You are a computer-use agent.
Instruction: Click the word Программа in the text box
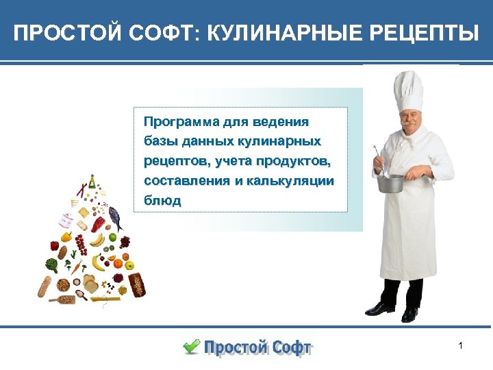pyautogui.click(x=180, y=122)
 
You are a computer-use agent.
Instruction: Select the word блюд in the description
pyautogui.click(x=162, y=201)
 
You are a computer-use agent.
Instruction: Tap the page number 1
pyautogui.click(x=461, y=346)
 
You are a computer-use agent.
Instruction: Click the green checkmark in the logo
pyautogui.click(x=191, y=345)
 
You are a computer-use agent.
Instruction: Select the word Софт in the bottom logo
pyautogui.click(x=283, y=347)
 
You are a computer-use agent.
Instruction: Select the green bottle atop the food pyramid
pyautogui.click(x=92, y=180)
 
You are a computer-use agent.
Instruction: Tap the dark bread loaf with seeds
pyautogui.click(x=137, y=282)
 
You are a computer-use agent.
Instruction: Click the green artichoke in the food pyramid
pyautogui.click(x=52, y=264)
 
